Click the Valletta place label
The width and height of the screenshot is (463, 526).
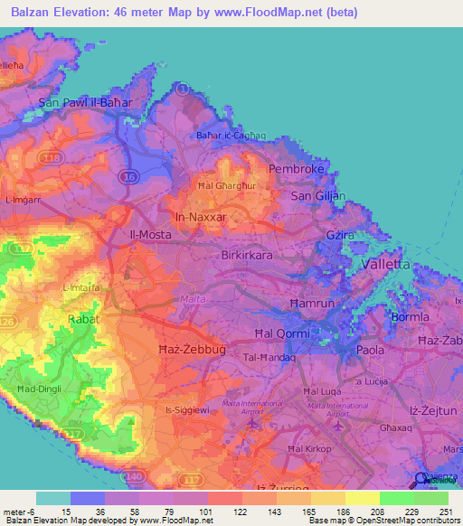(x=385, y=264)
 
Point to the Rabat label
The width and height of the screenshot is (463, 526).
(x=84, y=319)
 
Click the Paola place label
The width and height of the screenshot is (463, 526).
(x=371, y=349)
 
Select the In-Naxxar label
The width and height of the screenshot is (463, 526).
(x=200, y=217)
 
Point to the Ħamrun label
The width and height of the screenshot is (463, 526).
(x=311, y=303)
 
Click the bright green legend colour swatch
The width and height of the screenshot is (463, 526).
(x=397, y=498)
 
